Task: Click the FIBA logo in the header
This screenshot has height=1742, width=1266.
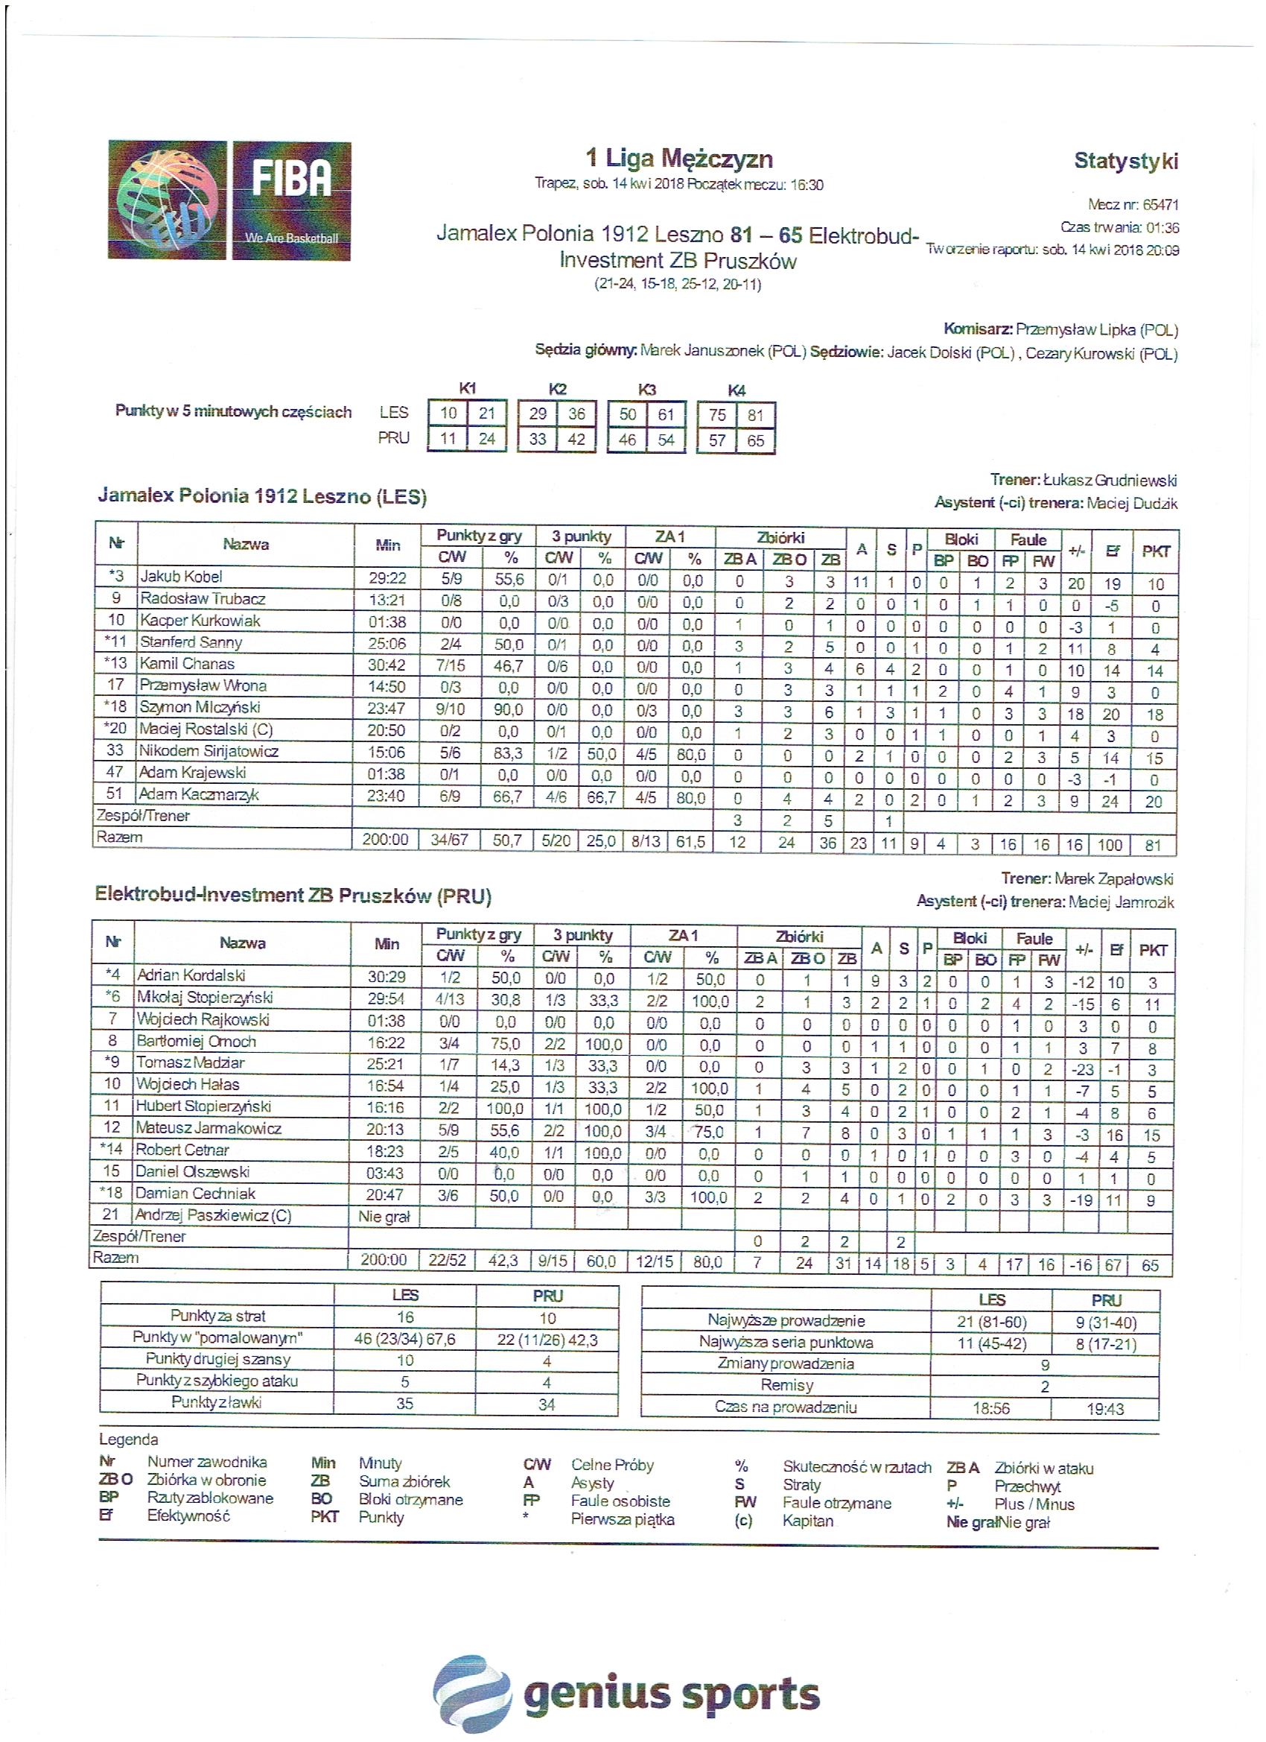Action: [229, 200]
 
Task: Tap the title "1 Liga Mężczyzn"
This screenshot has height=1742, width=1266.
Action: [678, 159]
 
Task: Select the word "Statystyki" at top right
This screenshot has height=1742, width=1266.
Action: [1125, 160]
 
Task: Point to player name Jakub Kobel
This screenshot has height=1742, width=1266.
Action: [182, 577]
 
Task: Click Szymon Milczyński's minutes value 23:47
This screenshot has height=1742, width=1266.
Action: [387, 708]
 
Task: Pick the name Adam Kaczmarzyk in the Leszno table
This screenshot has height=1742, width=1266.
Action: [198, 795]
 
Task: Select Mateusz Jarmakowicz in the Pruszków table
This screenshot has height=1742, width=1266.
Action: [208, 1128]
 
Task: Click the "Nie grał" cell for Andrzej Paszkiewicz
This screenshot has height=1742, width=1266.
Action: [384, 1216]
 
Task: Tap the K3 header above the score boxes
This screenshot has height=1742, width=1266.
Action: [646, 390]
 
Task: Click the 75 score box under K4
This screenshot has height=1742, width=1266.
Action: [717, 415]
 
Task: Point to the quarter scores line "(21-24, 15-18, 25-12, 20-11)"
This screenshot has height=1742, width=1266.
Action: [678, 284]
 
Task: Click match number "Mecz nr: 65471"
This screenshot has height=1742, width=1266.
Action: [1133, 205]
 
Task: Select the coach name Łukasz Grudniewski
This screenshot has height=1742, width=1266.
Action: [1110, 481]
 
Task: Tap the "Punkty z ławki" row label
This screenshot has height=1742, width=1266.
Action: [217, 1402]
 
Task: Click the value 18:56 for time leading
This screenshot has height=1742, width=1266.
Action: [991, 1409]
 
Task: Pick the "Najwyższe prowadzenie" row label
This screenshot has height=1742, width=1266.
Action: [786, 1321]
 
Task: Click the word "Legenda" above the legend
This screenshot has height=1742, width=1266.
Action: [128, 1439]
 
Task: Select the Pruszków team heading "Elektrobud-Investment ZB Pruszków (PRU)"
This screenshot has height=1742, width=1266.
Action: [293, 896]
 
